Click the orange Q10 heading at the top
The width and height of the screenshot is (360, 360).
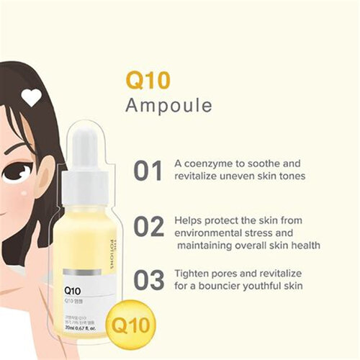(148, 78)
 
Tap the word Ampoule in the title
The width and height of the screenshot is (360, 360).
(168, 105)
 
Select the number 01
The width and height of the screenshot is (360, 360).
(148, 171)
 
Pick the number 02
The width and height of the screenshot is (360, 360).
(149, 226)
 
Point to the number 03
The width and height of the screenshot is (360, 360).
(149, 281)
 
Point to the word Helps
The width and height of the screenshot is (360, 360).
(189, 220)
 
